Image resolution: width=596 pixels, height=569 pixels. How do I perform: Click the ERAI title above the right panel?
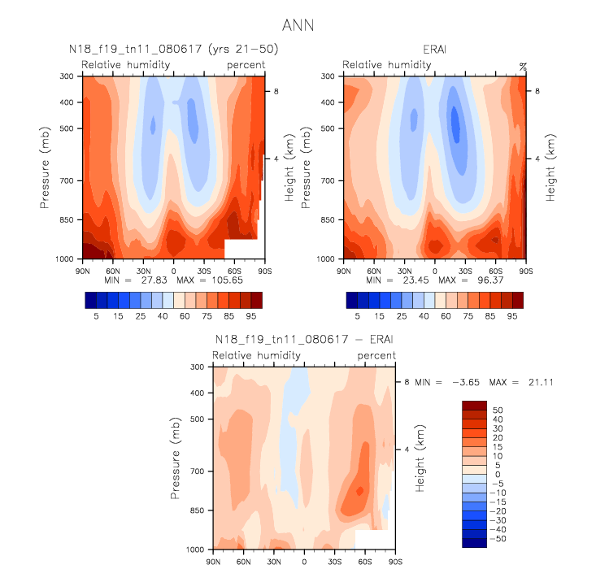pos(433,50)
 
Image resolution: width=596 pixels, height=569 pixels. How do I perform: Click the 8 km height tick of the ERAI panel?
pos(537,92)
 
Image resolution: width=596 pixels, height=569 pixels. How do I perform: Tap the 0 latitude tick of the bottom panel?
pos(304,561)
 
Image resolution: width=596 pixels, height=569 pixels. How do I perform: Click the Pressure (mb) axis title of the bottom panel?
pos(176,458)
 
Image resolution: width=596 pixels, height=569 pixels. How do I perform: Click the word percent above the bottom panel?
pos(376,356)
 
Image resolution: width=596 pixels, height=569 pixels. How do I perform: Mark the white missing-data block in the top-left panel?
pos(241,249)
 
